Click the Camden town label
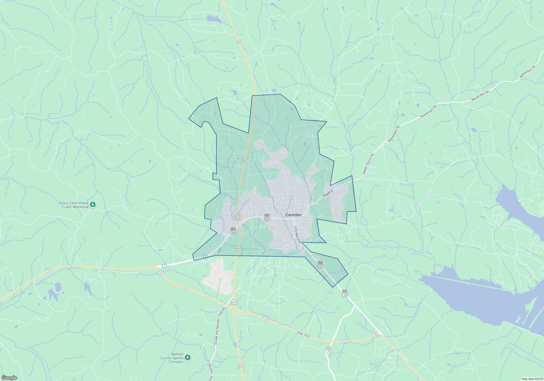coord(293,215)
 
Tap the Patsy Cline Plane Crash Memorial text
coord(74,205)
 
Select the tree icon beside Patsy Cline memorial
coord(93,204)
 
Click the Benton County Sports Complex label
coord(172,358)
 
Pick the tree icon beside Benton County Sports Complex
coord(188,357)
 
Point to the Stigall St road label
coord(328,193)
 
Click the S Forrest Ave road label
coord(298,235)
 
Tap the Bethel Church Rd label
coord(368,164)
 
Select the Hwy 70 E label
coord(304,334)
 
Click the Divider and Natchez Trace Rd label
coord(220,326)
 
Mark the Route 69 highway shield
coord(239,42)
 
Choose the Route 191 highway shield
coord(328,349)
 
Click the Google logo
coord(9,378)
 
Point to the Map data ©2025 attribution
coord(532,379)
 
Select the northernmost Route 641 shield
coord(245,160)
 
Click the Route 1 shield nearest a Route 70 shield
coord(164,266)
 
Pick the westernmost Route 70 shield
coord(48,271)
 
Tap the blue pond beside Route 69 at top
coord(214,19)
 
